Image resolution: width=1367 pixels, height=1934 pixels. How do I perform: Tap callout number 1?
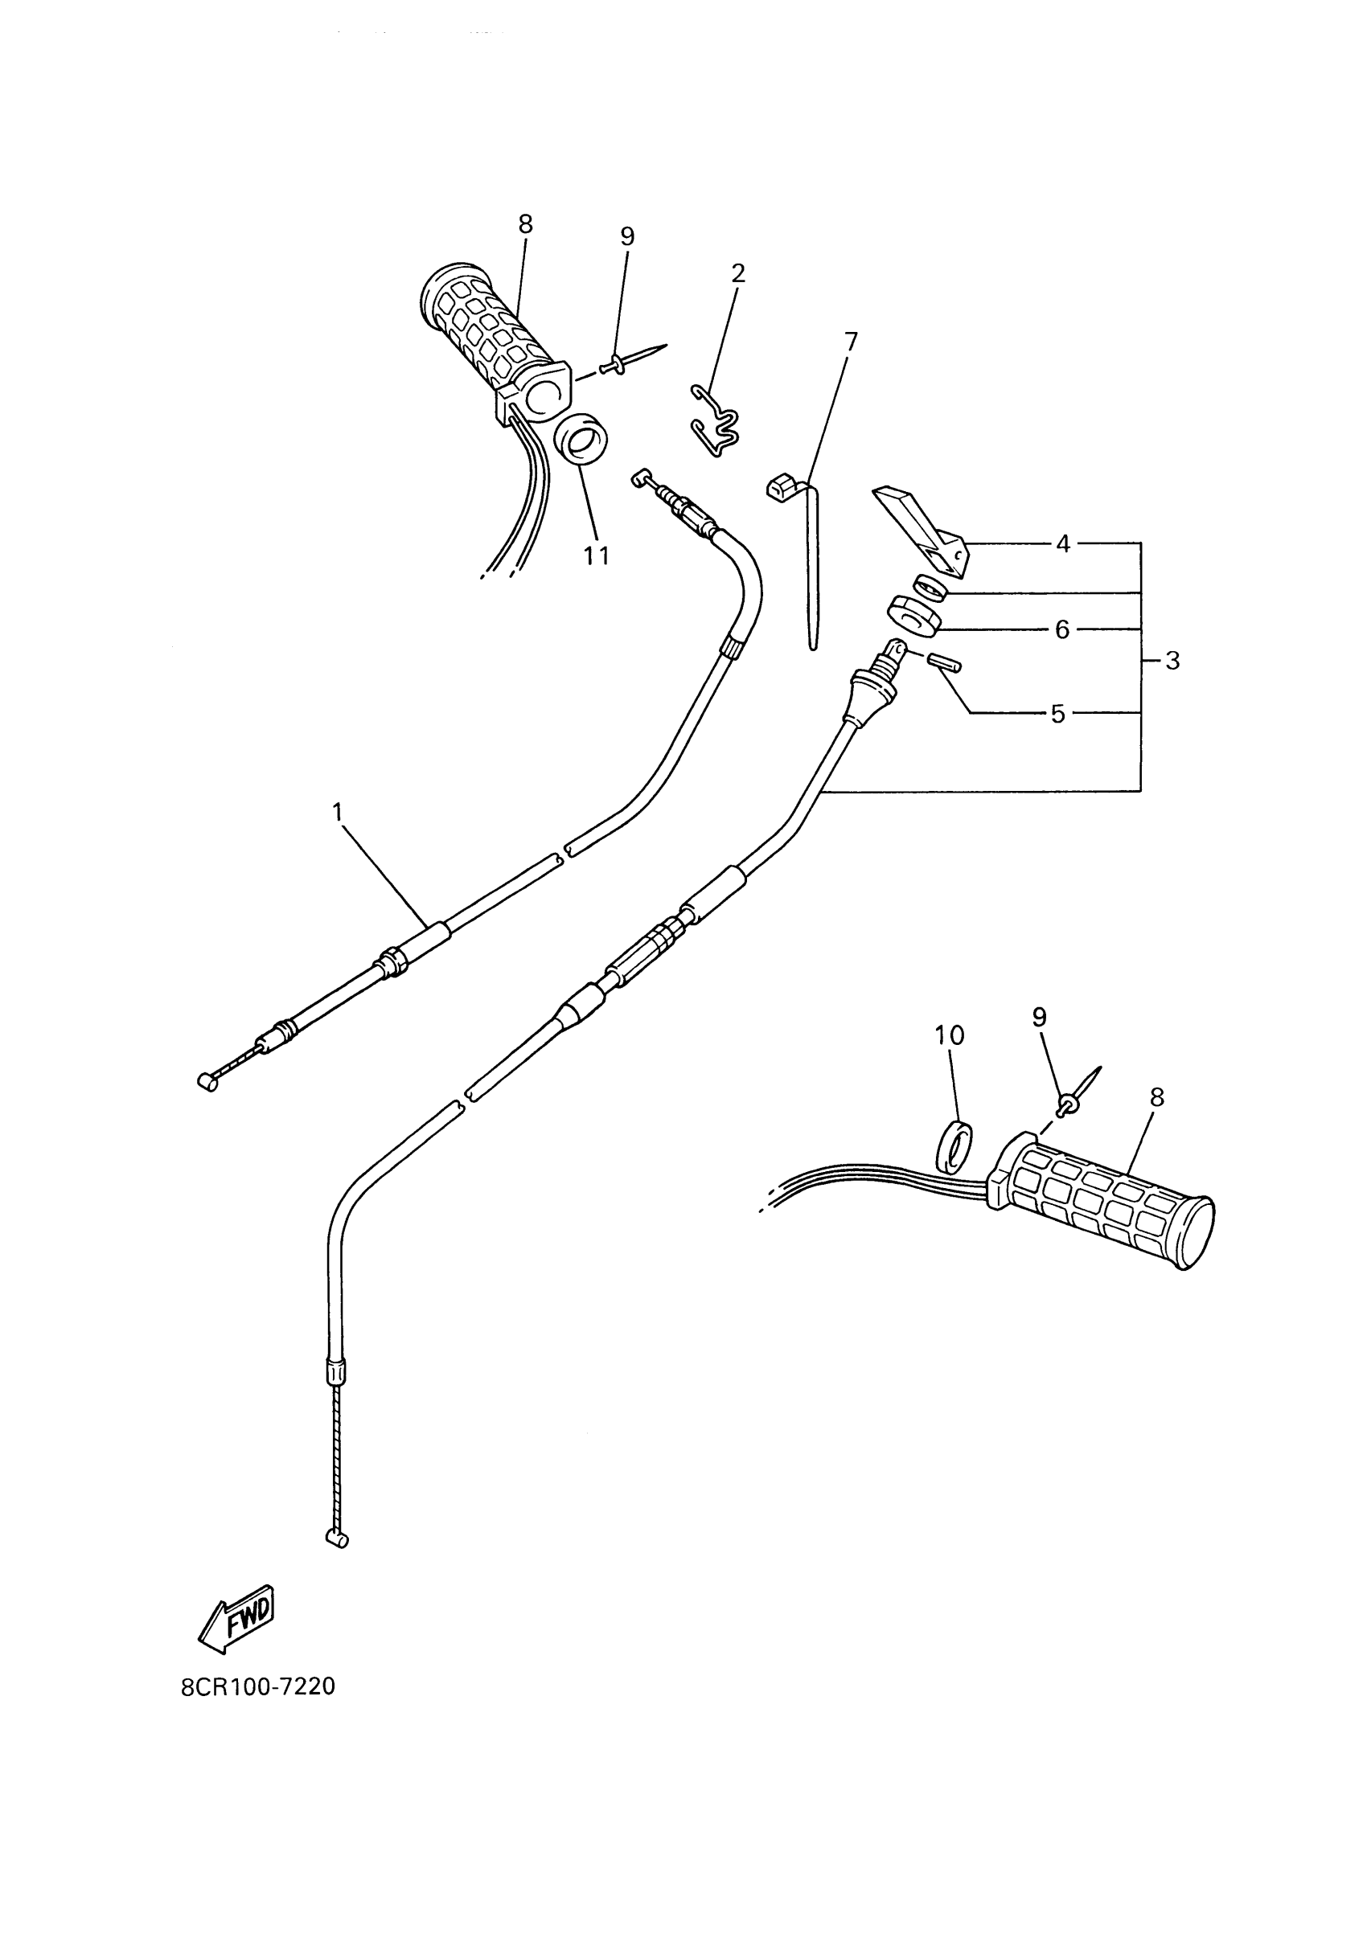tap(338, 812)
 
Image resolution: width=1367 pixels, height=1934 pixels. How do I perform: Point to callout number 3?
tap(1172, 661)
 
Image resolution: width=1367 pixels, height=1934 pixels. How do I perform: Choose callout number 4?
tap(1063, 544)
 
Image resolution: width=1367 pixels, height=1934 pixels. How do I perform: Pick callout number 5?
tap(1058, 715)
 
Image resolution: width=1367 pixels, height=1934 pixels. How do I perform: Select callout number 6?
tap(1062, 629)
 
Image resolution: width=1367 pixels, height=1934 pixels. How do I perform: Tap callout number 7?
tap(851, 341)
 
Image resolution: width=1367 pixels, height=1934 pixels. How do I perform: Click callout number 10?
tap(950, 1035)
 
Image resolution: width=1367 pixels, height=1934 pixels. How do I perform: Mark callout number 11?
tap(597, 556)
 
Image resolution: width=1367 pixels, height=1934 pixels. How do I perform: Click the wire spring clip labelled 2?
tap(716, 421)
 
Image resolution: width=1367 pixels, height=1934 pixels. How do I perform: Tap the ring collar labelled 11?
tap(581, 441)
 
